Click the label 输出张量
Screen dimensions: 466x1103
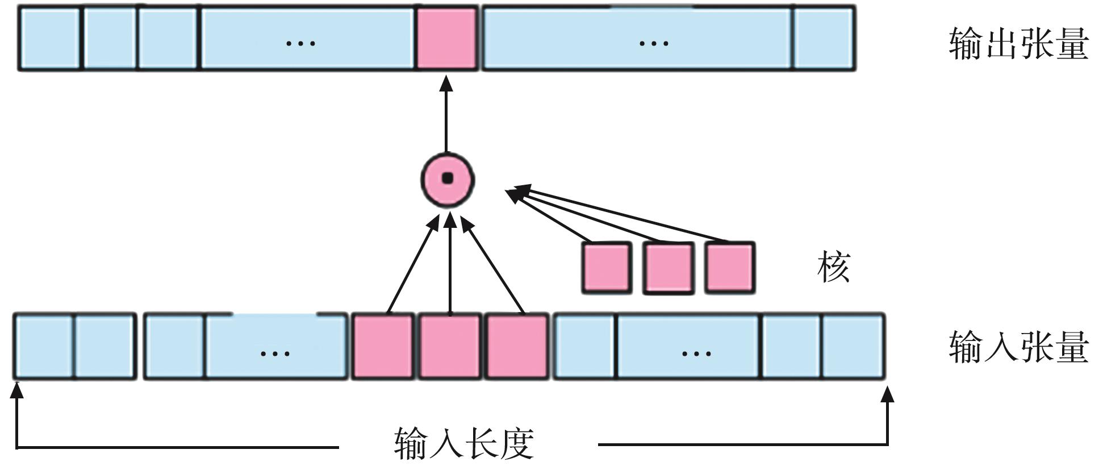[x=1018, y=44]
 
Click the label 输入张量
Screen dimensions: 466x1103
[x=1018, y=347]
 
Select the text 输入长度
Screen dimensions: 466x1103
[x=464, y=444]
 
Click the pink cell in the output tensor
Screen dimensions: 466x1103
[x=446, y=38]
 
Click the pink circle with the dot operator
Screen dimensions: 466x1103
[x=448, y=179]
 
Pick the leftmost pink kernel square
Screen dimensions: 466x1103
[x=607, y=268]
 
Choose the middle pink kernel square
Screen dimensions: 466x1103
[x=668, y=268]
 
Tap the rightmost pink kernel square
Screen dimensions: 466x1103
[x=730, y=268]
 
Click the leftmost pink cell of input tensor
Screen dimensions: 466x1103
[x=383, y=346]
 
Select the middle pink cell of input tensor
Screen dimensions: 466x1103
[x=450, y=346]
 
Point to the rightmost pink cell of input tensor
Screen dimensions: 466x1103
[x=517, y=346]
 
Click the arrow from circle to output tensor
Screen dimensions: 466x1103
[x=446, y=116]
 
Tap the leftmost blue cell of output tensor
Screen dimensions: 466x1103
[x=50, y=38]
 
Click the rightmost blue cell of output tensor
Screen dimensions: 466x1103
[x=824, y=38]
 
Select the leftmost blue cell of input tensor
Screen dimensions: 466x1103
[x=44, y=346]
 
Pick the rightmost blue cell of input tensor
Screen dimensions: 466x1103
[x=853, y=346]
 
